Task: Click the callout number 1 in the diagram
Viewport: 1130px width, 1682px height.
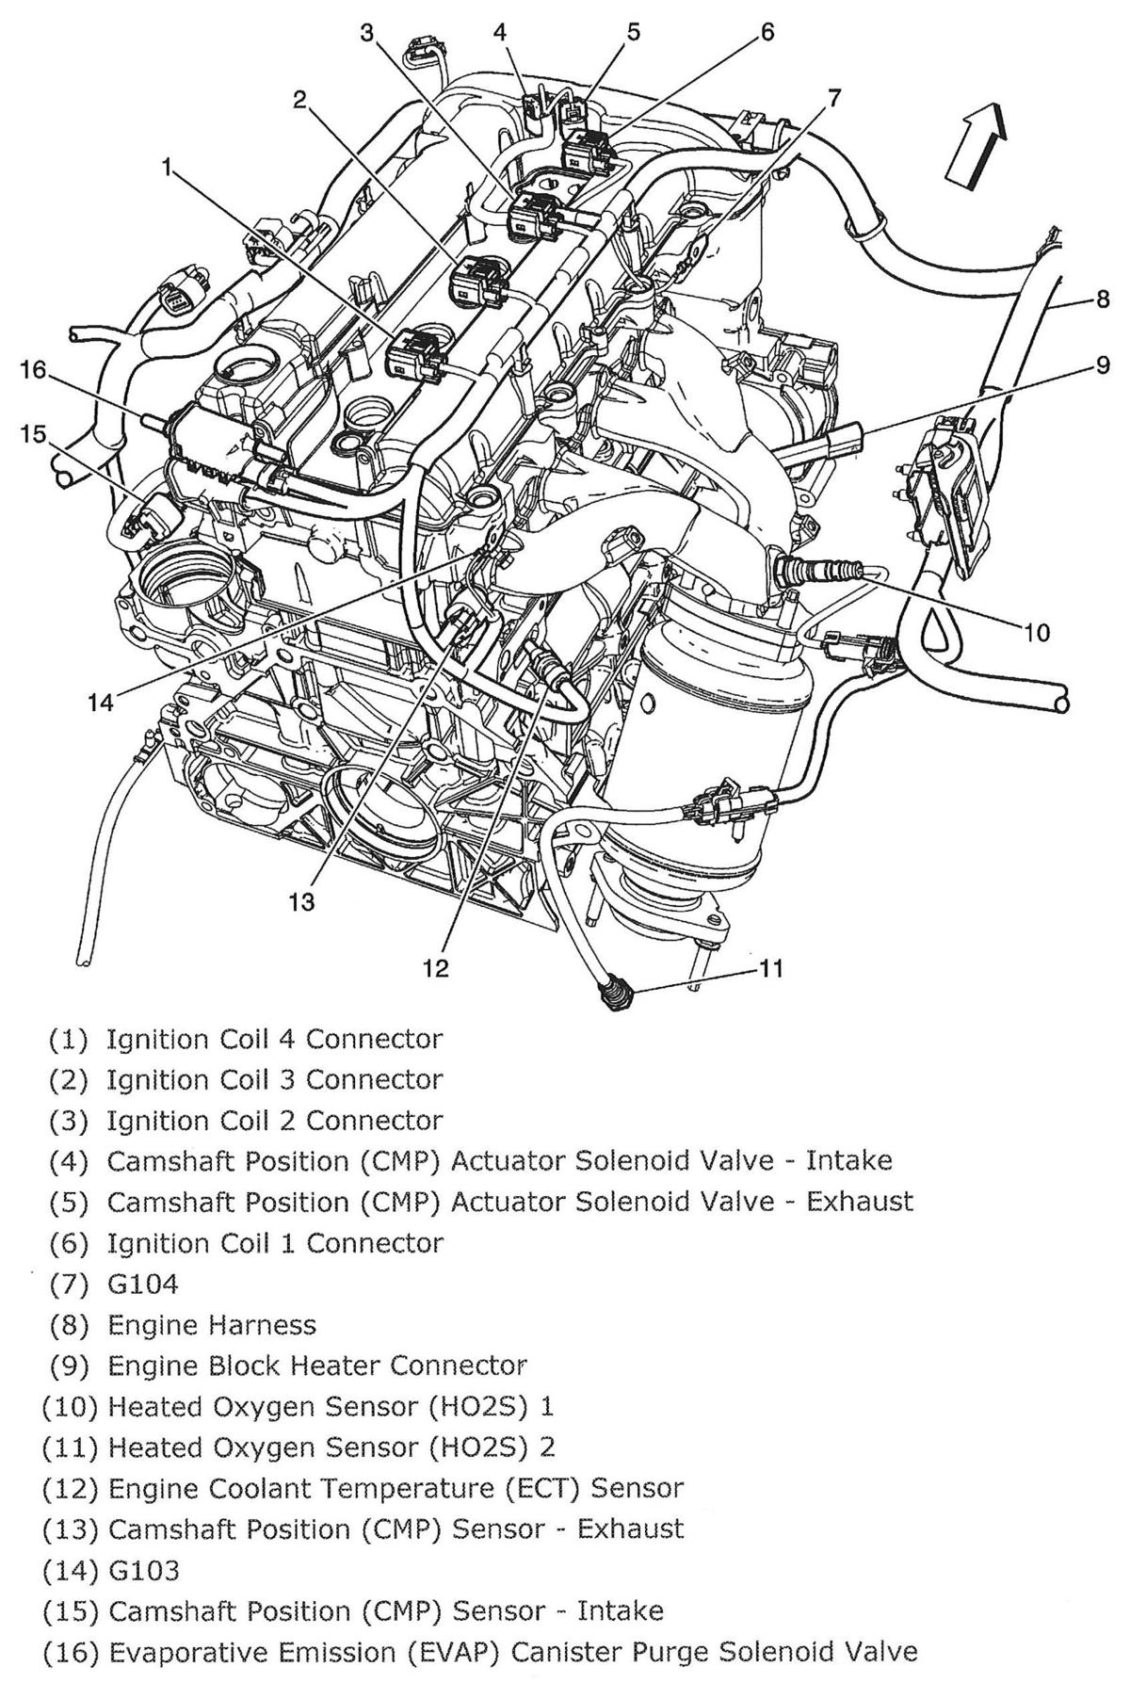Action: pos(167,169)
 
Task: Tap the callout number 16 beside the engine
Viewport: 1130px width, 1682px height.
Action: pos(33,370)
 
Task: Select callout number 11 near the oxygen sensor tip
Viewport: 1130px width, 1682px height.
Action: pos(772,968)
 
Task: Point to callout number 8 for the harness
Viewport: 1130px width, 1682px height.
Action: pos(1102,300)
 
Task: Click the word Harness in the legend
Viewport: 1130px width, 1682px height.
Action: pos(259,1325)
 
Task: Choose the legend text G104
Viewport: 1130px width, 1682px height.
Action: pos(142,1284)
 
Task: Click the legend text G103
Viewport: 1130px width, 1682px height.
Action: pos(143,1570)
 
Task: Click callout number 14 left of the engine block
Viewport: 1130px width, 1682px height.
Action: pos(101,703)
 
